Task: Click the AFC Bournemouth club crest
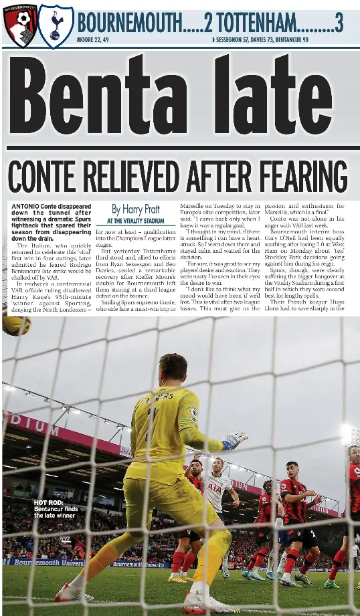(x=19, y=25)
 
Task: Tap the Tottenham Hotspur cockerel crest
(x=56, y=25)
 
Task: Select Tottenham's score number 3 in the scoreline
(x=339, y=23)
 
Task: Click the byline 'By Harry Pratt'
(x=136, y=209)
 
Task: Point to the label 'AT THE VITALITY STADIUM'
(x=135, y=221)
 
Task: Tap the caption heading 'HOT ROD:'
(x=48, y=502)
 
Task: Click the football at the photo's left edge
(x=15, y=325)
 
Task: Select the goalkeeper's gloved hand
(x=235, y=440)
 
